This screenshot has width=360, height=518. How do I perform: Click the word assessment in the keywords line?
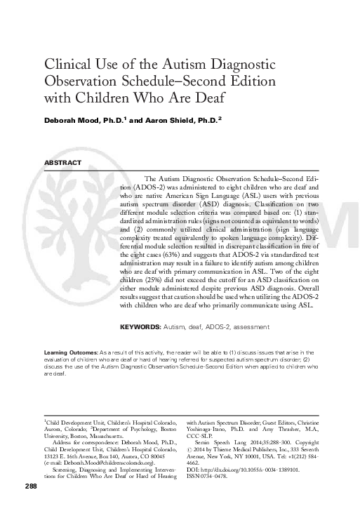(250, 327)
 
